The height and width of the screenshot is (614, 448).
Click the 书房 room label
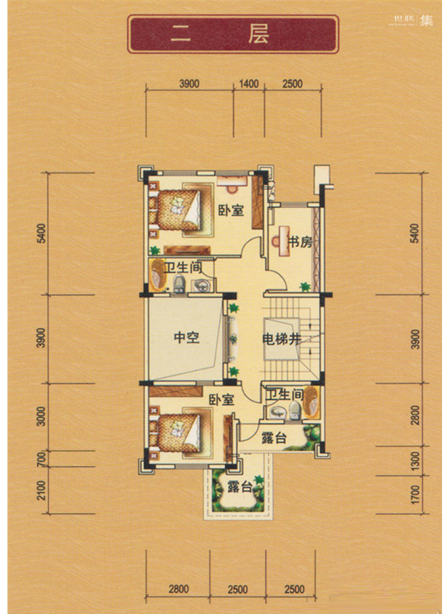pos(300,242)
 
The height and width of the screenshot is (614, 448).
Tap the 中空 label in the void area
pos(187,337)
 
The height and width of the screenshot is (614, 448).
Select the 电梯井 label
pos(281,339)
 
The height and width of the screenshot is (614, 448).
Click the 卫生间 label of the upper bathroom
pos(183,269)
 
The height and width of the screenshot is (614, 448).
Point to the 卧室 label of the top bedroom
pos(231,210)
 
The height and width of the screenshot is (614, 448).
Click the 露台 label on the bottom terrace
pos(240,487)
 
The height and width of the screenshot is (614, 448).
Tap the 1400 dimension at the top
pos(249,84)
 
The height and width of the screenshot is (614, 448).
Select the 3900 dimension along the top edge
pos(190,84)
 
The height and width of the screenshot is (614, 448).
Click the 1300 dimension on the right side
pos(416,461)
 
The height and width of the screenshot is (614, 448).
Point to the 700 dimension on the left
pos(41,459)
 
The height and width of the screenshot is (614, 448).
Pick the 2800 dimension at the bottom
pos(178,589)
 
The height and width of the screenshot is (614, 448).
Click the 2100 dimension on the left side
pos(41,490)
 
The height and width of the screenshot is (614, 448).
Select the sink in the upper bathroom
pos(201,285)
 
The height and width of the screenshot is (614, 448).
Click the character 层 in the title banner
pos(258,34)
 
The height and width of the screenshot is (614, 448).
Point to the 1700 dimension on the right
pos(416,495)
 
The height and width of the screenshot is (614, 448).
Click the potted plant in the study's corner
pos(305,286)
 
